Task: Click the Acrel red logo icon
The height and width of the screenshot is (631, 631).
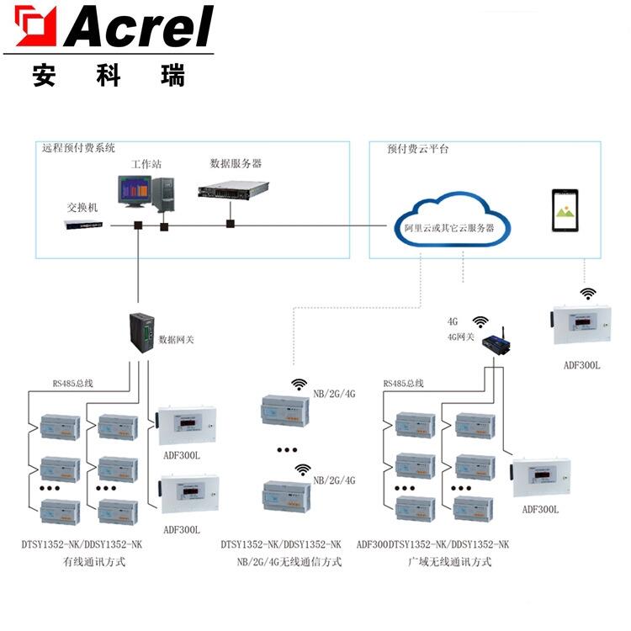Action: (x=35, y=26)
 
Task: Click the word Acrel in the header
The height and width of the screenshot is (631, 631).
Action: (x=139, y=27)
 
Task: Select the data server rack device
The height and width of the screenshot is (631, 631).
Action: (x=233, y=190)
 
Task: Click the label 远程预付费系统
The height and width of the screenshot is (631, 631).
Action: (x=79, y=147)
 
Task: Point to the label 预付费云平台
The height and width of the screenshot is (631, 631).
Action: (x=418, y=148)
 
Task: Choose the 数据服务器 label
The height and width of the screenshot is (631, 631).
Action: (x=236, y=162)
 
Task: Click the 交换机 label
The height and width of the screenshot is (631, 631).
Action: (x=83, y=207)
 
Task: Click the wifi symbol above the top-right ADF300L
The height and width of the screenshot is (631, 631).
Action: (x=588, y=293)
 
